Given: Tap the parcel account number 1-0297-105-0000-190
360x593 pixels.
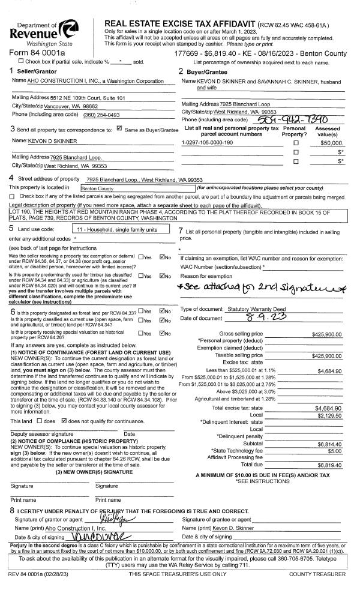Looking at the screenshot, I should [207, 143].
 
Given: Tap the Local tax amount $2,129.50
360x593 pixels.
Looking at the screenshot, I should [329, 415].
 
